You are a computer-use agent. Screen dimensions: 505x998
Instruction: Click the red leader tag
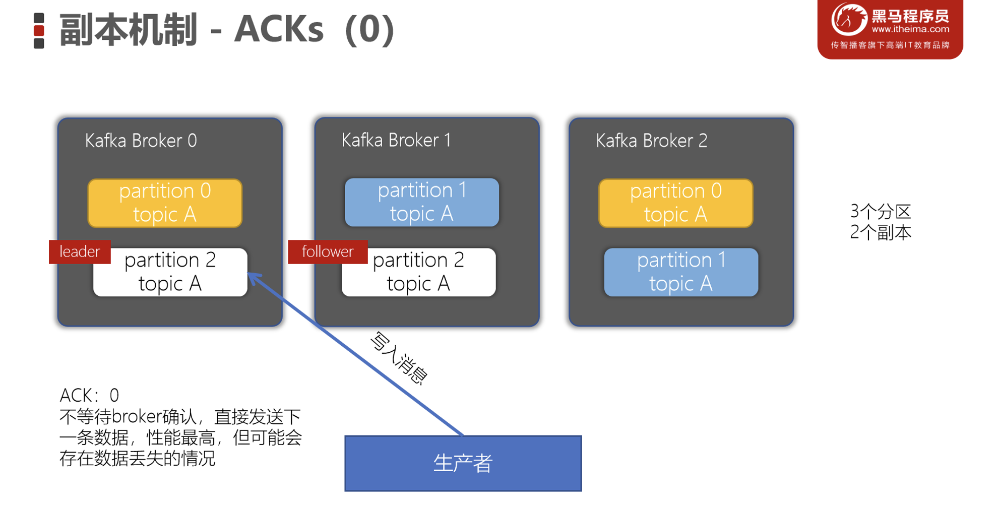[x=80, y=251]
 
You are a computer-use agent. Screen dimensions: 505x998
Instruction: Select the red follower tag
[x=328, y=251]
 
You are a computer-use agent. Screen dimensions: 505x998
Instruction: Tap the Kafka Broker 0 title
[x=141, y=141]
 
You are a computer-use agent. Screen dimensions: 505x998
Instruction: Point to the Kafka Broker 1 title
[x=396, y=140]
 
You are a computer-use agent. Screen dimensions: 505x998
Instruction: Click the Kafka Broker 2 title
[x=651, y=141]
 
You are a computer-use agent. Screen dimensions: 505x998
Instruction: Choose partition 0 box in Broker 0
[x=165, y=203]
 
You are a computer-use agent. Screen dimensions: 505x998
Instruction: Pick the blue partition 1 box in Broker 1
[x=421, y=202]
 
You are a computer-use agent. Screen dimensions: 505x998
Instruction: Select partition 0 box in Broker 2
[x=675, y=203]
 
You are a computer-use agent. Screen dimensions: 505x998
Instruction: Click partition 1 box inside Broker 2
[x=680, y=272]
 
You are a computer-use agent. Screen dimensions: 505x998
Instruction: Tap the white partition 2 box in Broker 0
[x=170, y=272]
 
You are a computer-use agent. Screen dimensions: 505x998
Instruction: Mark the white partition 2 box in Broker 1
[x=418, y=272]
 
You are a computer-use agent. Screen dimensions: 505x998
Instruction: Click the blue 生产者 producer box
[x=463, y=463]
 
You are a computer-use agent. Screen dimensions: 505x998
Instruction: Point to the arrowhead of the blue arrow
[x=252, y=276]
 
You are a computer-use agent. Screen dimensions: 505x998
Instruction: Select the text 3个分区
[x=880, y=212]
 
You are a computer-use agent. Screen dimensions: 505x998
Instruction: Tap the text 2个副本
[x=880, y=232]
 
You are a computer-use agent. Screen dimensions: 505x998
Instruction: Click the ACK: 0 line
[x=89, y=395]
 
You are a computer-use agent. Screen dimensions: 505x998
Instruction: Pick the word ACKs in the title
[x=278, y=29]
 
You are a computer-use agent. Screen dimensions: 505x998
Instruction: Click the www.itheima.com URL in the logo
[x=910, y=29]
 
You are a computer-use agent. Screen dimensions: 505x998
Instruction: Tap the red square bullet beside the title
[x=39, y=31]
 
